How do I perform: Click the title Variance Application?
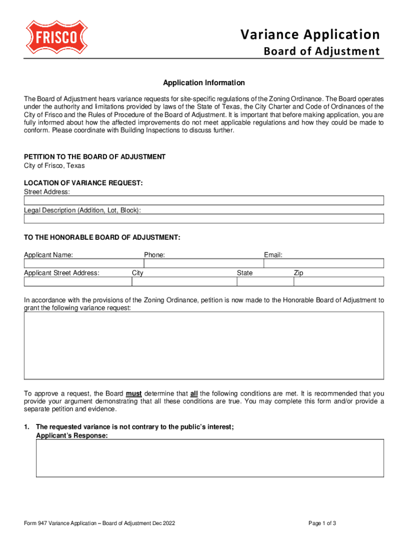[310, 35]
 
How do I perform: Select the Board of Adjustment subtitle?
[322, 51]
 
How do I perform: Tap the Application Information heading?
[204, 83]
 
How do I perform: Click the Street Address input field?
[204, 201]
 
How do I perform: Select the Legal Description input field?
[204, 219]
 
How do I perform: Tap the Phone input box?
[203, 264]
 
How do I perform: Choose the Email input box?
[324, 264]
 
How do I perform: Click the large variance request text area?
[204, 345]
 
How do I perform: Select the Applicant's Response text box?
[210, 458]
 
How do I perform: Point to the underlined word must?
[134, 394]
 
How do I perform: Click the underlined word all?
[194, 394]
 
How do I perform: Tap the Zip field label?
[299, 273]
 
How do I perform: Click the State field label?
[245, 273]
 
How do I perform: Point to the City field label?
[138, 273]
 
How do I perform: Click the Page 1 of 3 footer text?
[322, 523]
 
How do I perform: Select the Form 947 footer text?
[100, 523]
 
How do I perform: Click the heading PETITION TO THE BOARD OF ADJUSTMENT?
[95, 157]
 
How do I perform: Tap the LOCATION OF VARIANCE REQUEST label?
[83, 183]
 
